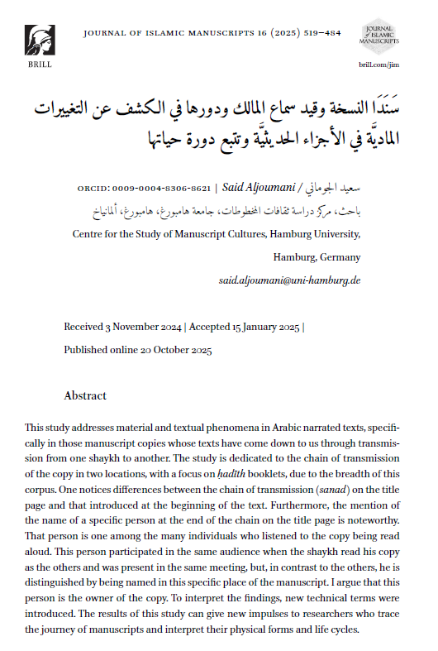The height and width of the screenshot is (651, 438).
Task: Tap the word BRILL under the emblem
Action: tap(39, 63)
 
